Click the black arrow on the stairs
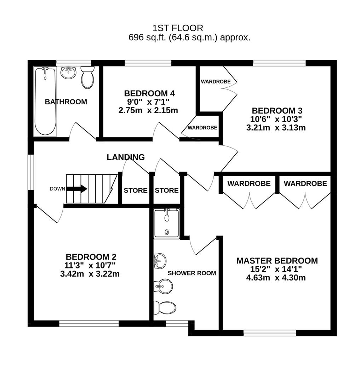(76, 189)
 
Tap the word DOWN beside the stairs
(57, 189)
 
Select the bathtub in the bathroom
(45, 102)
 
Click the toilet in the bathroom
(87, 77)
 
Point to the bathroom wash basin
(68, 73)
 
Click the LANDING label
(126, 157)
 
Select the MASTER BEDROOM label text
(277, 261)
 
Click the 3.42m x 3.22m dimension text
(90, 274)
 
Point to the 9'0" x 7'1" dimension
(149, 102)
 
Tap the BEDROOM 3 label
(277, 111)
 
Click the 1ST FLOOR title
(178, 28)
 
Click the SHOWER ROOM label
(192, 273)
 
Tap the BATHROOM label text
(66, 102)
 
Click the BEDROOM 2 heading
(91, 257)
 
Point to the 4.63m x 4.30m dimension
(276, 278)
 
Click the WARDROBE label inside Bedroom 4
(202, 128)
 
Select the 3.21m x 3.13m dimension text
(276, 128)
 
